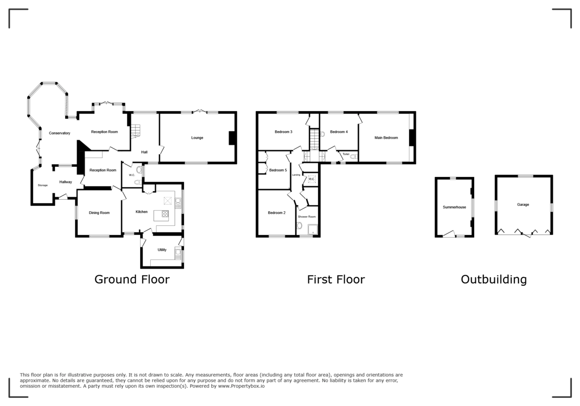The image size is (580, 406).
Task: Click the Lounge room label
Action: point(197,138)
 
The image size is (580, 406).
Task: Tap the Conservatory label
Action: point(59,133)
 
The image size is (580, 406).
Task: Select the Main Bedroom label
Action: point(386,138)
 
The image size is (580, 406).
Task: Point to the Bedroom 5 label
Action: point(278,170)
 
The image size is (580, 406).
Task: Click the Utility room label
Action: point(162,250)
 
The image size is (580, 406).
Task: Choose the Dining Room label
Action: point(99,213)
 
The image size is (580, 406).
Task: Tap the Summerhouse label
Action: point(454,207)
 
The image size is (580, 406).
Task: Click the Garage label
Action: point(523,204)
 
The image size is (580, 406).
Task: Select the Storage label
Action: point(43,185)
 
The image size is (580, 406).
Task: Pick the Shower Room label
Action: point(306,217)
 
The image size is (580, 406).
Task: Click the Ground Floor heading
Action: point(132,279)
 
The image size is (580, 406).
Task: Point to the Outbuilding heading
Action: point(493,279)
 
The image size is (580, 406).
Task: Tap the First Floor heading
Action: point(336,279)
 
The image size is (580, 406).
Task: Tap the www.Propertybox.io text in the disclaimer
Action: point(241,386)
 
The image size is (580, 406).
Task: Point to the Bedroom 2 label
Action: point(277,213)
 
